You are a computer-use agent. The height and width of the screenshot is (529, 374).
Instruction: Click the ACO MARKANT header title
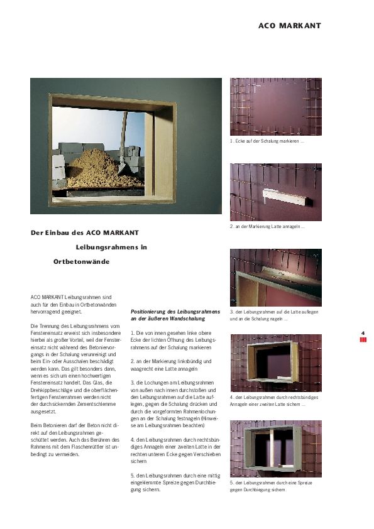tap(289, 26)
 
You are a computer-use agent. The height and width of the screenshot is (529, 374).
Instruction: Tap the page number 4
tap(363, 333)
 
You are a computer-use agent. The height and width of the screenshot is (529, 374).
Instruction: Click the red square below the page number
tap(363, 340)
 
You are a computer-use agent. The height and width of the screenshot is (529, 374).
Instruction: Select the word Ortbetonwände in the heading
tap(82, 261)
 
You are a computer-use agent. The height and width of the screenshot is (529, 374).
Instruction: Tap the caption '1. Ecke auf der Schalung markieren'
tap(267, 141)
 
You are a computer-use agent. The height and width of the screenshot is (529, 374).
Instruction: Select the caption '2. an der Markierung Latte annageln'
tap(267, 226)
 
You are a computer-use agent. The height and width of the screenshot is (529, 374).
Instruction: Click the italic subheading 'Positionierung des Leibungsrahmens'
tap(175, 312)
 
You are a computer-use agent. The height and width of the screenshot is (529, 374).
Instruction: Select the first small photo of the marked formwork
tap(275, 107)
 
